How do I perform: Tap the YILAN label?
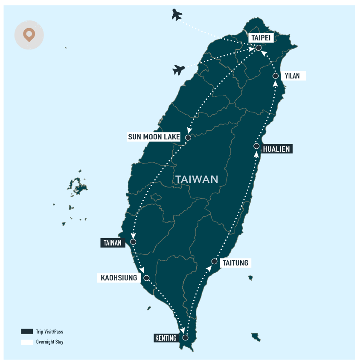[x=293, y=76]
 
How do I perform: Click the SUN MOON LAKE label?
[x=154, y=137]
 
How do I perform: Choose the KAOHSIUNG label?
[x=119, y=278]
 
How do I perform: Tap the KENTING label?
[x=166, y=338]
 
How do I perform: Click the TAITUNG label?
[x=235, y=263]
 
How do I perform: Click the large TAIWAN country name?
[x=197, y=179]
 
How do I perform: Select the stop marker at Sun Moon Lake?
[x=188, y=138]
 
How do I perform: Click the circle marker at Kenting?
[x=186, y=337]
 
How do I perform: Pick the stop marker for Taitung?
[x=214, y=261]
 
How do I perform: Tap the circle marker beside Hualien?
[x=256, y=146]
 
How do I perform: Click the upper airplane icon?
[x=177, y=15]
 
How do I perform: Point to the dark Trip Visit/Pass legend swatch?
[x=27, y=331]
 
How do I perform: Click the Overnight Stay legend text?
[x=49, y=342]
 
